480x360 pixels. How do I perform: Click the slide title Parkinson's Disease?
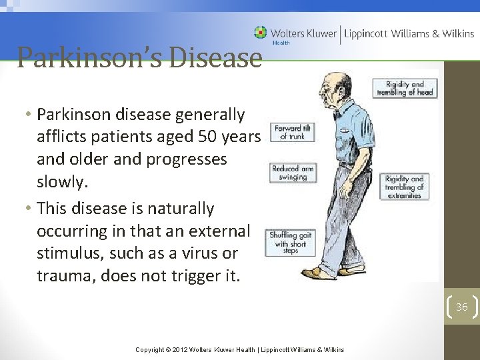click(x=139, y=57)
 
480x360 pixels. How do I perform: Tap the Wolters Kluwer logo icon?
click(x=260, y=33)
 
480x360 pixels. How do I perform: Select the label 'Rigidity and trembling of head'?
click(x=405, y=89)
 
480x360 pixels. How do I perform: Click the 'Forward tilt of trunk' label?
click(x=283, y=132)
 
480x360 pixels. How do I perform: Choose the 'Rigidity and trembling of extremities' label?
click(x=404, y=187)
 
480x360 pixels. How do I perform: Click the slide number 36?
click(x=461, y=307)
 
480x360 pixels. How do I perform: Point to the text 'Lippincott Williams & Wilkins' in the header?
click(x=407, y=33)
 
